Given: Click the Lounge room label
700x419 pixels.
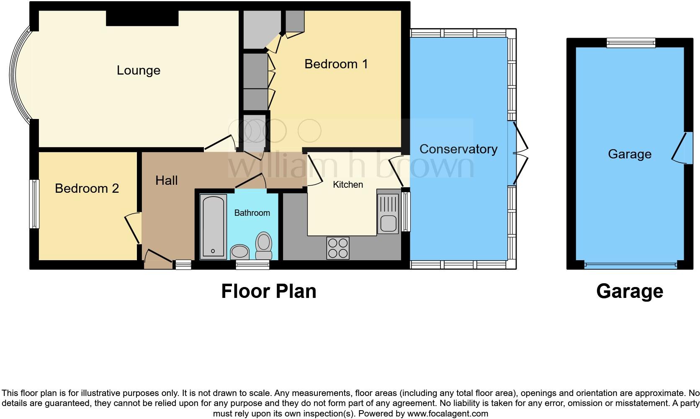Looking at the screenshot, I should tap(139, 70).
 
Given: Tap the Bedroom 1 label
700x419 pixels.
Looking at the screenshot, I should tap(336, 64).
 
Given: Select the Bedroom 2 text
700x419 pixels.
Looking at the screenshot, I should tap(87, 189).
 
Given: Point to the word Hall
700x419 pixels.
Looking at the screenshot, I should tap(166, 181).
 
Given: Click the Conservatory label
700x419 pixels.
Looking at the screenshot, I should tap(458, 149).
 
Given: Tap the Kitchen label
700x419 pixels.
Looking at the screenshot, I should tap(347, 185).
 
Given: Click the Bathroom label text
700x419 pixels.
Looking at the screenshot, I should tap(252, 213).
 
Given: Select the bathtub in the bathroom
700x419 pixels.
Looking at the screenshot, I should tap(213, 226).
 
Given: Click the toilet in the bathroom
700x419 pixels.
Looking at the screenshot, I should tap(264, 246).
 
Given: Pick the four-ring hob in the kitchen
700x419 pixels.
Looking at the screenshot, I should tap(337, 248).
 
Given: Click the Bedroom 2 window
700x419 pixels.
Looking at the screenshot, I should tap(33, 204).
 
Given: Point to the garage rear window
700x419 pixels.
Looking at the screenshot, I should tap(631, 42).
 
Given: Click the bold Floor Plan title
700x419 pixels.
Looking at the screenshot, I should tap(268, 291).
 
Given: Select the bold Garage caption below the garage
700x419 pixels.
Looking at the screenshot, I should tap(629, 291).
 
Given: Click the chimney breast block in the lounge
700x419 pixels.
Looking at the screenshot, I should tap(142, 18).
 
